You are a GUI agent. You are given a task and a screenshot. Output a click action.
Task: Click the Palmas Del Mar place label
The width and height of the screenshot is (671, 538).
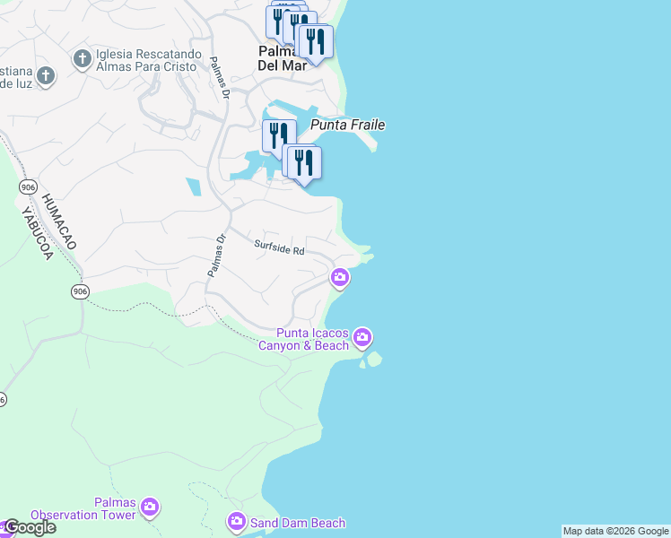click(281, 56)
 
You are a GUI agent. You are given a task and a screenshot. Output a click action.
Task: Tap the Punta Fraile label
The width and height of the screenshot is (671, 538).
click(348, 126)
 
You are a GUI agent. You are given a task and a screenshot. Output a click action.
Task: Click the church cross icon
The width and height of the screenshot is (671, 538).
click(82, 59)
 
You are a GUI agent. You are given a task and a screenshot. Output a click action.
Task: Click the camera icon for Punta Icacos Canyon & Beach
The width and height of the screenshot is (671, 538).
click(362, 337)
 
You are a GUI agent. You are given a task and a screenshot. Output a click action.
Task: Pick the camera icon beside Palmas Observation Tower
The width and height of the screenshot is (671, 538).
click(150, 508)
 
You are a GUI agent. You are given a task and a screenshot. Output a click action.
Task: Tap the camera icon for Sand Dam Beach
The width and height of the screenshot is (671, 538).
click(236, 521)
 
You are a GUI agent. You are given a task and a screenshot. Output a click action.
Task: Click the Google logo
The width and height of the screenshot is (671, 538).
click(29, 528)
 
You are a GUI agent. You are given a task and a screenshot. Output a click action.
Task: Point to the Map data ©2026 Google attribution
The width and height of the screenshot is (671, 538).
click(616, 531)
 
